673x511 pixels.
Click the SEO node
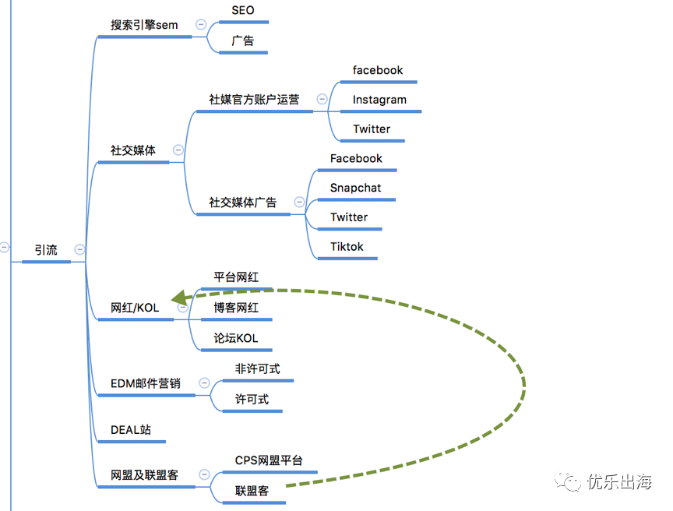(243, 10)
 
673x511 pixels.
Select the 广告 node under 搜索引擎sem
(243, 41)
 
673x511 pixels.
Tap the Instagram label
(379, 100)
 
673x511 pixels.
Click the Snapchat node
(355, 188)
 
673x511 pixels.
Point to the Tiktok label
(347, 247)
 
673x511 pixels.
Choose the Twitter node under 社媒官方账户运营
(372, 129)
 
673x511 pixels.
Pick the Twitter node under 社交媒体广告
(349, 217)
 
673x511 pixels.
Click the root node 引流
(46, 250)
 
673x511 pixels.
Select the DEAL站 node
(131, 430)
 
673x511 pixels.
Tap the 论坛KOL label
(236, 338)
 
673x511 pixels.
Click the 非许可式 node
(258, 368)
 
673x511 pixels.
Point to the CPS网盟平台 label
(269, 460)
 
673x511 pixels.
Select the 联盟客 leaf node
(252, 491)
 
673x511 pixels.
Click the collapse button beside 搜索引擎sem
(201, 24)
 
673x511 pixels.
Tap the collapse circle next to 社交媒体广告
(299, 202)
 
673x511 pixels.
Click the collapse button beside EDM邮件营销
(204, 382)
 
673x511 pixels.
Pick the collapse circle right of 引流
(79, 249)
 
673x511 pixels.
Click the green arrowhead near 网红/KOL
(179, 298)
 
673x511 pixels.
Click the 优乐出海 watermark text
(619, 481)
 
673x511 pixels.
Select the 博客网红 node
(236, 308)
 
